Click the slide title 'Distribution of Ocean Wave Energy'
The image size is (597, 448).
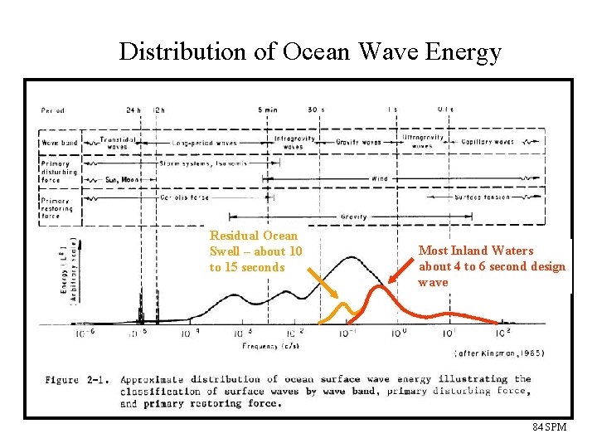coord(310,51)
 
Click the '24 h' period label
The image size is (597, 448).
coord(133,110)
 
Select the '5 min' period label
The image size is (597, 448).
coord(267,110)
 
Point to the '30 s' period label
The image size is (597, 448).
coord(315,110)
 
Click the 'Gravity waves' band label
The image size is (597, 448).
coord(358,142)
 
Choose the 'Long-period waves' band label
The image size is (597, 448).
coord(203,143)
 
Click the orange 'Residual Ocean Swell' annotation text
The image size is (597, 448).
coord(255,251)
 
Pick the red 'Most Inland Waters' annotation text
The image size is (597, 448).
coord(492,265)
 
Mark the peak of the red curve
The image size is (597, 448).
coord(379,287)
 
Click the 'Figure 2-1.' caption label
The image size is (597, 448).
coord(74,379)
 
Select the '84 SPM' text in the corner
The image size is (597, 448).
coord(549,426)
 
